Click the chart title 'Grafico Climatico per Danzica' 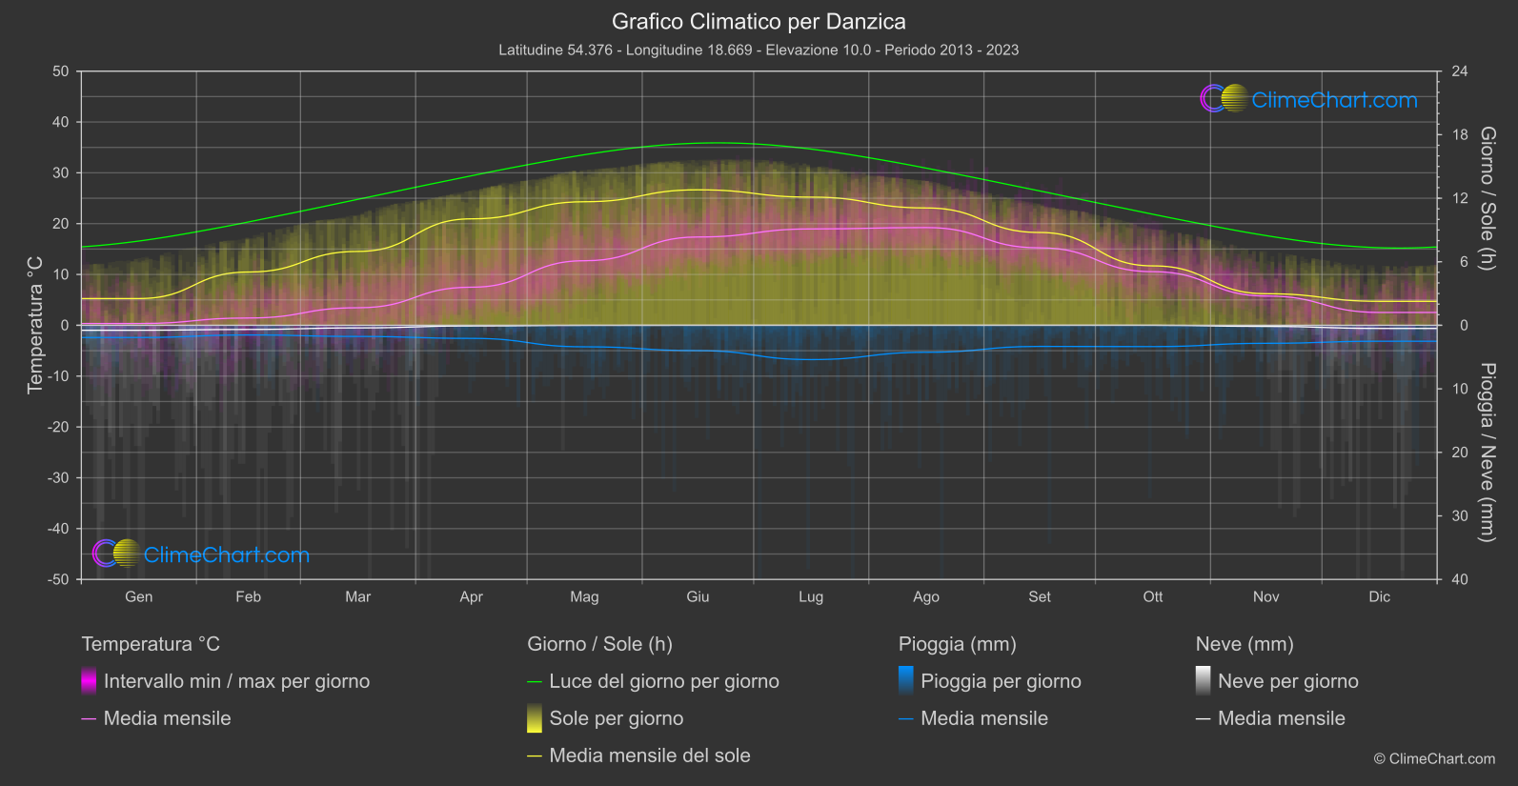click(x=759, y=21)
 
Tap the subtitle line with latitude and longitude click(x=759, y=50)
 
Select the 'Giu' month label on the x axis click(x=698, y=596)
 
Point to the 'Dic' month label click(x=1379, y=596)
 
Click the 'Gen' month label click(x=138, y=596)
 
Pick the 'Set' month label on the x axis click(x=1039, y=596)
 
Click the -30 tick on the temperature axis click(x=59, y=477)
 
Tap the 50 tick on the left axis click(x=61, y=71)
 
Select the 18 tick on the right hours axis click(x=1460, y=134)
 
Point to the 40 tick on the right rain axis click(x=1460, y=579)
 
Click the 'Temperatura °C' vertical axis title click(x=35, y=325)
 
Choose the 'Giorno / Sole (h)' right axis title click(x=1487, y=198)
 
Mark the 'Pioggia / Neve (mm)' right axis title click(x=1487, y=453)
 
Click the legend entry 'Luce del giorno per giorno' click(x=663, y=681)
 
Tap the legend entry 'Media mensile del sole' click(x=649, y=756)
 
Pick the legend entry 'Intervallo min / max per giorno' click(x=236, y=681)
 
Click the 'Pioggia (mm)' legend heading click(x=957, y=644)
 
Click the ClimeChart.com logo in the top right click(x=1308, y=99)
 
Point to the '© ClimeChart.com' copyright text click(x=1434, y=758)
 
